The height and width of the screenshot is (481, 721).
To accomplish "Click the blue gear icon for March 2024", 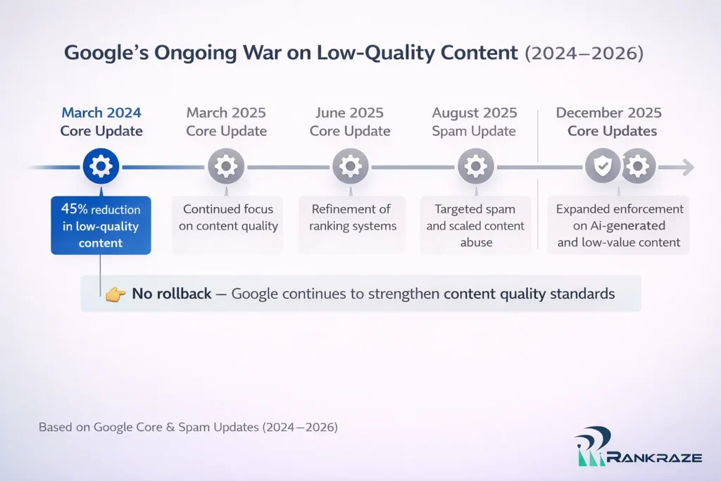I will point(101,167).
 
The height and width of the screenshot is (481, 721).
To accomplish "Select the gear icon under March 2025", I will point(225,167).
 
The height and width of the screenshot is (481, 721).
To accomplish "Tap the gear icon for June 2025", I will point(350,167).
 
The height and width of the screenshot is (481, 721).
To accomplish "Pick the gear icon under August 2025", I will point(475,167).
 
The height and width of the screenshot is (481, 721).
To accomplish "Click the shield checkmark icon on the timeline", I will point(603,167).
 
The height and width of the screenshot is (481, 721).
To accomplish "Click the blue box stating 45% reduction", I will point(101,225).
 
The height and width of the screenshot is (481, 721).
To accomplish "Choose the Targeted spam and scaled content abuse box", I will point(475,225).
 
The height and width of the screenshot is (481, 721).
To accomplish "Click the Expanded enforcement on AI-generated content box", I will point(618,225).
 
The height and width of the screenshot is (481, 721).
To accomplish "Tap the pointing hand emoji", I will point(114,294).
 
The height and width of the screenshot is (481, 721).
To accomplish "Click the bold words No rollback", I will point(171,294).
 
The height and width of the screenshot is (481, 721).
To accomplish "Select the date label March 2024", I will point(101,113).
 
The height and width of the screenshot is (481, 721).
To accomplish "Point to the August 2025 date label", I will point(475,113).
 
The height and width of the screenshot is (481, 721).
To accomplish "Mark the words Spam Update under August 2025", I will point(475,131).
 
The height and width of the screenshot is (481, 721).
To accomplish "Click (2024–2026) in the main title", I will point(584,53).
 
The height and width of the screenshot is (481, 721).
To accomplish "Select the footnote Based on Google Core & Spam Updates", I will point(188,427).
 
